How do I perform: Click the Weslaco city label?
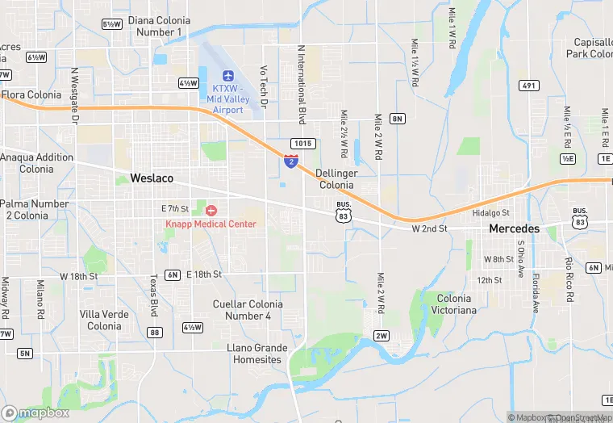(x=152, y=178)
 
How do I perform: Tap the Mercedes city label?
(x=514, y=229)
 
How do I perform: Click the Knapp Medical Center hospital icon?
(x=211, y=211)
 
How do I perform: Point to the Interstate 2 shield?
(x=290, y=161)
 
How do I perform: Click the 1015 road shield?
(x=302, y=144)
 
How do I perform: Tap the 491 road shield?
(x=528, y=86)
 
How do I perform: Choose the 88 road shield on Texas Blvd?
(x=155, y=333)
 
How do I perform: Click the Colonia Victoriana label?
(x=454, y=304)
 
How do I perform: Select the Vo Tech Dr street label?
(x=263, y=88)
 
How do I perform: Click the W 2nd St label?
(x=429, y=229)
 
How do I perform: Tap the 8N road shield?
(x=397, y=119)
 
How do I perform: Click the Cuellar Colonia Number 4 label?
(x=248, y=309)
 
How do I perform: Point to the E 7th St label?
(x=174, y=208)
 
